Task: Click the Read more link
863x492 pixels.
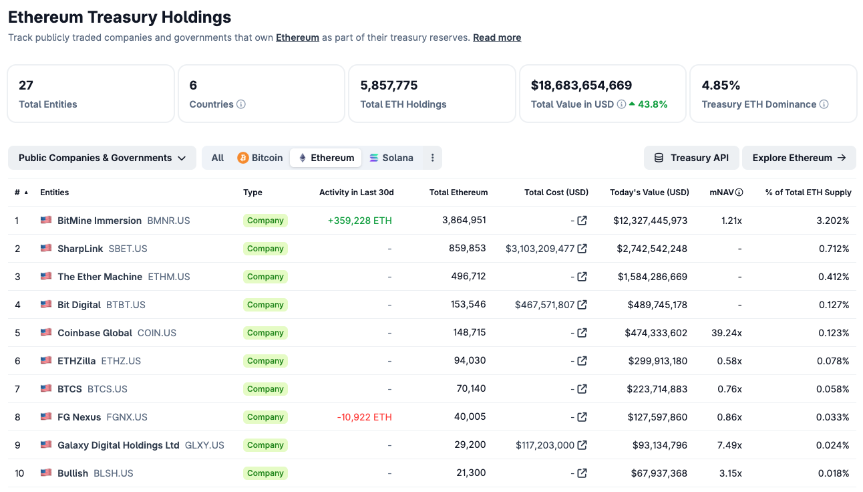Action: point(497,37)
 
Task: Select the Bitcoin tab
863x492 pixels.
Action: point(260,158)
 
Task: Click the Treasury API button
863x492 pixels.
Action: point(691,158)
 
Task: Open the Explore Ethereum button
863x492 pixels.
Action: point(799,158)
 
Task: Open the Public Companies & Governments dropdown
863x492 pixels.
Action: point(102,158)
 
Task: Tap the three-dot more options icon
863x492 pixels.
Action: point(433,158)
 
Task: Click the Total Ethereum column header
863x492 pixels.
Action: point(458,193)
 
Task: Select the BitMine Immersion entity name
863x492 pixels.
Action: point(100,221)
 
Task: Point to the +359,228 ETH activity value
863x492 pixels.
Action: point(359,221)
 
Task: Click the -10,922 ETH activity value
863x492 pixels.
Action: point(364,417)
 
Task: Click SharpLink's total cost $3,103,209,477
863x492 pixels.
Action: point(540,249)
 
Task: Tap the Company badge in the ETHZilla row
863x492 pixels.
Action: point(265,361)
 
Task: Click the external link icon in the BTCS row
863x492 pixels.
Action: point(582,389)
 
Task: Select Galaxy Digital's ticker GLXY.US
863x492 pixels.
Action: point(204,445)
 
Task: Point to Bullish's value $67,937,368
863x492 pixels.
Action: point(659,473)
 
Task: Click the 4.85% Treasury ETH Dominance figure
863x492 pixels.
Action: point(721,85)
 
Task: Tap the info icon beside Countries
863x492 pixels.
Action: point(241,104)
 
